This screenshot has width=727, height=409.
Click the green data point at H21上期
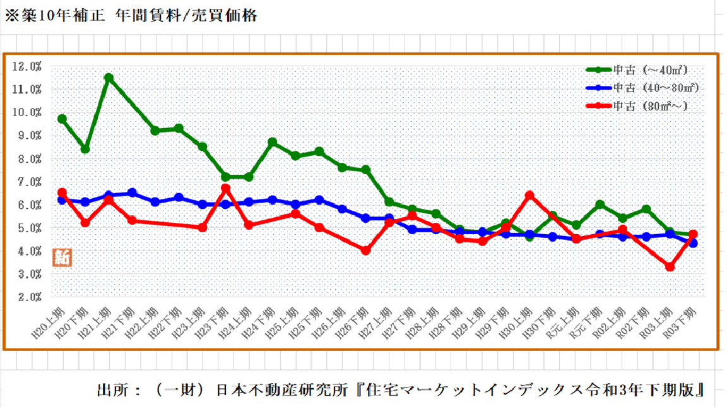click(109, 78)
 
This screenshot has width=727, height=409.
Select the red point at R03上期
click(670, 267)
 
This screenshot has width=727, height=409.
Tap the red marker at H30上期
click(529, 196)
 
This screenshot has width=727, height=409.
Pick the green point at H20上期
click(62, 119)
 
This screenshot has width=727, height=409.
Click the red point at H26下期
click(365, 251)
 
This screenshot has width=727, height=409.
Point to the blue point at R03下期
click(693, 243)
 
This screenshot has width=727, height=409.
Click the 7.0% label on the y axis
click(29, 182)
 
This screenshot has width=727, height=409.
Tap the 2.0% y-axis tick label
click(29, 297)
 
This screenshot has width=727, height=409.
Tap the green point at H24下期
click(272, 143)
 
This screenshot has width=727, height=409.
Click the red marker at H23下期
click(225, 189)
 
